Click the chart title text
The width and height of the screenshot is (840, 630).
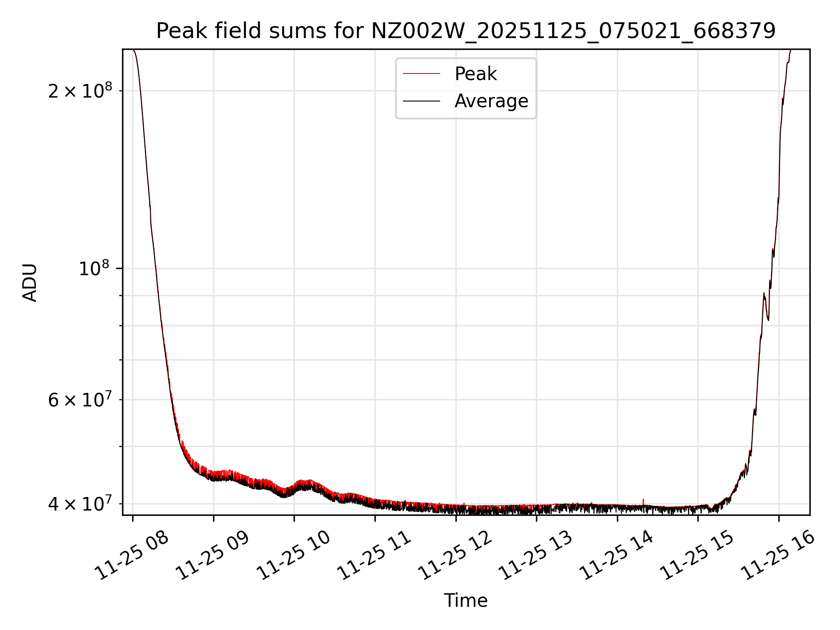point(465,31)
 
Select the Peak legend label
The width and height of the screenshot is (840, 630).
point(476,74)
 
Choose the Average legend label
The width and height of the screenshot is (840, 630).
point(491,101)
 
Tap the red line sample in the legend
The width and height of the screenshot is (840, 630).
point(421,74)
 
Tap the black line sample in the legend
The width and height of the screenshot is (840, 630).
point(421,101)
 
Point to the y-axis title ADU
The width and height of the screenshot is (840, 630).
point(30,282)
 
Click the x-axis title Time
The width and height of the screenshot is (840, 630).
point(465,600)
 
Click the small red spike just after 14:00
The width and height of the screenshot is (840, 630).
point(643,500)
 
